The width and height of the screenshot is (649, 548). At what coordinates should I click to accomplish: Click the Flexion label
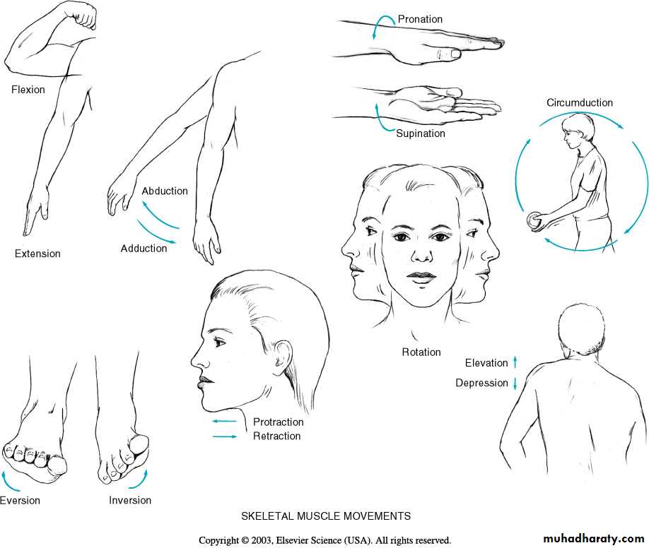coord(28,90)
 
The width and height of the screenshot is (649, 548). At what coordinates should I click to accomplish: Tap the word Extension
coord(37,254)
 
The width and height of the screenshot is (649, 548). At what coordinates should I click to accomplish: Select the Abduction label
coord(165,191)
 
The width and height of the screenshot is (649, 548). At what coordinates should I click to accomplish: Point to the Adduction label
coord(144,248)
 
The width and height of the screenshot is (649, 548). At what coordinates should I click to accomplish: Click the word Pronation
coord(420,19)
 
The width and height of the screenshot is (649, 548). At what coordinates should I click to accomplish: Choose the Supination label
coord(421,133)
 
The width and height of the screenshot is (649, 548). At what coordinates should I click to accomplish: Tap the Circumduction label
coord(580,102)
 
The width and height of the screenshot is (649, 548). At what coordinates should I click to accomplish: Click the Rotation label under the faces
coord(421,352)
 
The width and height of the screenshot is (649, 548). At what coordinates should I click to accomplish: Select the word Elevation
coord(486,363)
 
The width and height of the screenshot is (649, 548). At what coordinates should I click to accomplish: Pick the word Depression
coord(481,383)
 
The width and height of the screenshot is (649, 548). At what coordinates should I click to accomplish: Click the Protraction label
coord(278,422)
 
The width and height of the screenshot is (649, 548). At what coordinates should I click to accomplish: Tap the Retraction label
coord(277,436)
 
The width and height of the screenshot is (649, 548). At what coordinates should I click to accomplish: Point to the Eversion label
coord(20,501)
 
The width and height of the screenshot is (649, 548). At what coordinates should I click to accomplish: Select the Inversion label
coord(130,500)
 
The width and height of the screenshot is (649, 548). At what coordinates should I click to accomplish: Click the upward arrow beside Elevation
coord(515,362)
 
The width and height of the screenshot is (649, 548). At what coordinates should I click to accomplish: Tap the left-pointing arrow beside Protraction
coord(225,422)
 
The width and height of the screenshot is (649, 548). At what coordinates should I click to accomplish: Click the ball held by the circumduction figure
coord(534,220)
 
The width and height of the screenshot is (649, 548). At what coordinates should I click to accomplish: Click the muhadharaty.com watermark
coord(594,539)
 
